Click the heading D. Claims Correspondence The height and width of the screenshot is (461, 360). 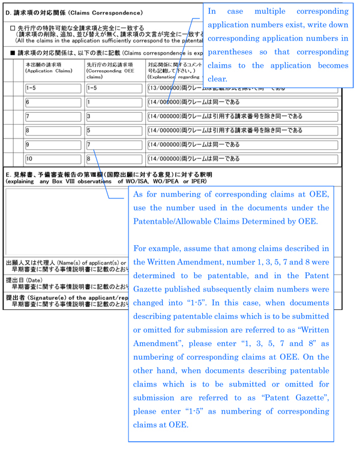(x=74, y=12)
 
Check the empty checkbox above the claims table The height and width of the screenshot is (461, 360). (x=13, y=28)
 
